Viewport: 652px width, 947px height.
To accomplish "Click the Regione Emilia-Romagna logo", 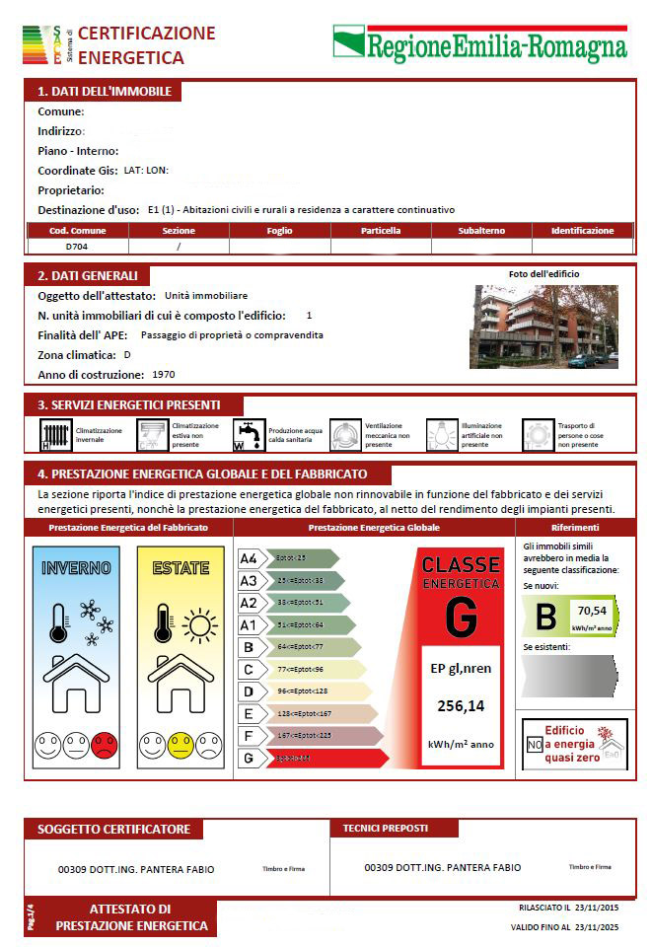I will point(479,43).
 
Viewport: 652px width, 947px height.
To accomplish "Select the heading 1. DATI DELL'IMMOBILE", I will point(105,92).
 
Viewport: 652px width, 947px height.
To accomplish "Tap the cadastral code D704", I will point(78,246).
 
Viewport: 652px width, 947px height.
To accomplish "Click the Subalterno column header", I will point(481,231).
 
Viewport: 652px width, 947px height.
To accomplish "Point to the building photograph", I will point(543,327).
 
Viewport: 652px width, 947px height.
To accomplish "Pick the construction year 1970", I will point(164,375).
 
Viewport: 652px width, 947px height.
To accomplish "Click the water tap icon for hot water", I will point(249,435).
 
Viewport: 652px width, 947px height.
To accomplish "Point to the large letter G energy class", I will point(461,616).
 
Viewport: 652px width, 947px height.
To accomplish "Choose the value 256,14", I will point(461,705).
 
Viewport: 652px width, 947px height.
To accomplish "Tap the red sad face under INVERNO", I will point(104,745).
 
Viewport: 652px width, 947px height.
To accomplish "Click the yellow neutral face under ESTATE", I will point(180,745).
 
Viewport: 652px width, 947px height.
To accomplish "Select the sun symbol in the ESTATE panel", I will point(199,625).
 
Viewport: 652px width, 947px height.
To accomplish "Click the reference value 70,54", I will point(592,611).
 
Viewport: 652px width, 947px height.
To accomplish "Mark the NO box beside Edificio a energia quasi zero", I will point(535,745).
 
